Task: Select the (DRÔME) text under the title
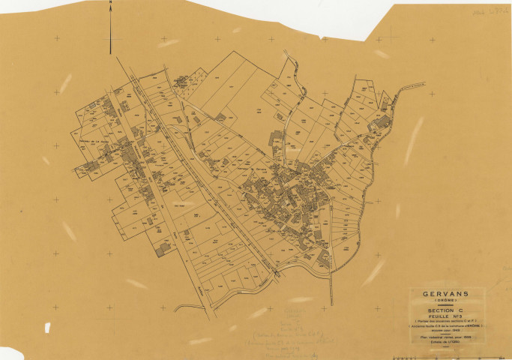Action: [445, 301]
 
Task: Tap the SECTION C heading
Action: [445, 311]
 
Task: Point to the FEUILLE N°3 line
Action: [445, 317]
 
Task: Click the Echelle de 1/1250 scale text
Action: [445, 342]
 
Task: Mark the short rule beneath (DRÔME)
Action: [445, 305]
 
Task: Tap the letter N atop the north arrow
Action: [111, 3]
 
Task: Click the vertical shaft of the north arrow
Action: [111, 30]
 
